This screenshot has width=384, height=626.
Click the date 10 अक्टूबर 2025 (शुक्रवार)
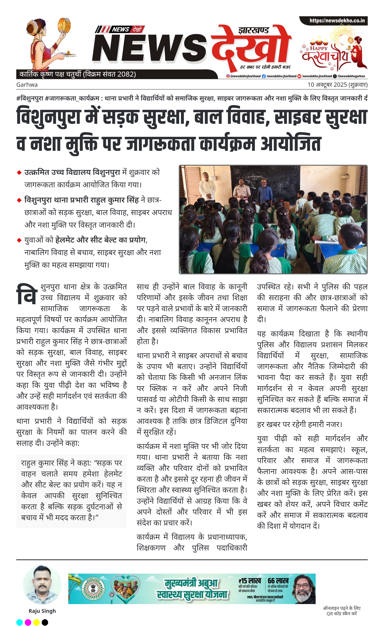pyautogui.click(x=337, y=85)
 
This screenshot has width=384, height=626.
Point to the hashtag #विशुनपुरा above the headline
pyautogui.click(x=29, y=98)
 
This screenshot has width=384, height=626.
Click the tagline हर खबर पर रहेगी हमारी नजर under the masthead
pyautogui.click(x=265, y=67)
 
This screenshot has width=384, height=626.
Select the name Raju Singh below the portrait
pyautogui.click(x=42, y=611)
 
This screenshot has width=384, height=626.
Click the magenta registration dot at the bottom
pyautogui.click(x=28, y=622)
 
